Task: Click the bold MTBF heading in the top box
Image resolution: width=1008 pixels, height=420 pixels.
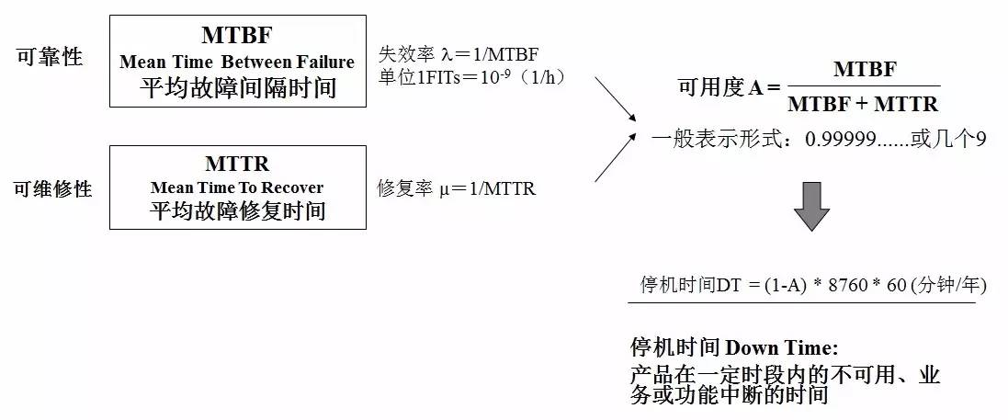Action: pos(237,36)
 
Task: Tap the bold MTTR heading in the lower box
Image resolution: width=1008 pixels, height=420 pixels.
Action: pos(237,165)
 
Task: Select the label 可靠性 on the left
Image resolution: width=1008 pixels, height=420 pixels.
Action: pos(50,58)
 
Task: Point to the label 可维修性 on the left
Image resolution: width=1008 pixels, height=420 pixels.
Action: pos(53,188)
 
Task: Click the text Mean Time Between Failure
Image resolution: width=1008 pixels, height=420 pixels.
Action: pos(237,62)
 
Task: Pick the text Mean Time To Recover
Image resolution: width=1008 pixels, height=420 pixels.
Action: pos(237,187)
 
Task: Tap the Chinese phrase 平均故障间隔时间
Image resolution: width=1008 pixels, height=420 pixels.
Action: pos(237,88)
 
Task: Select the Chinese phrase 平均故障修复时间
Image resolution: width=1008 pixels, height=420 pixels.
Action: pos(237,211)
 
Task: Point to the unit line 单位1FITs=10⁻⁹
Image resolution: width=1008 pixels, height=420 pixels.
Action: pos(471,77)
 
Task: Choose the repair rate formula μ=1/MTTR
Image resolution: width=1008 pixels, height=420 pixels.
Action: pos(457,189)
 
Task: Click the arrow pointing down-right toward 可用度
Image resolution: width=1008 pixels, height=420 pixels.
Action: pos(615,98)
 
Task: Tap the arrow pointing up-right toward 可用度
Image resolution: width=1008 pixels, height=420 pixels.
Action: pos(615,157)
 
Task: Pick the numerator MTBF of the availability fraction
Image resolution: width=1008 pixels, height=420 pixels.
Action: pos(864,70)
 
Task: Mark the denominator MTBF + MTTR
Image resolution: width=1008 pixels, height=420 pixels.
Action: pos(863,104)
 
